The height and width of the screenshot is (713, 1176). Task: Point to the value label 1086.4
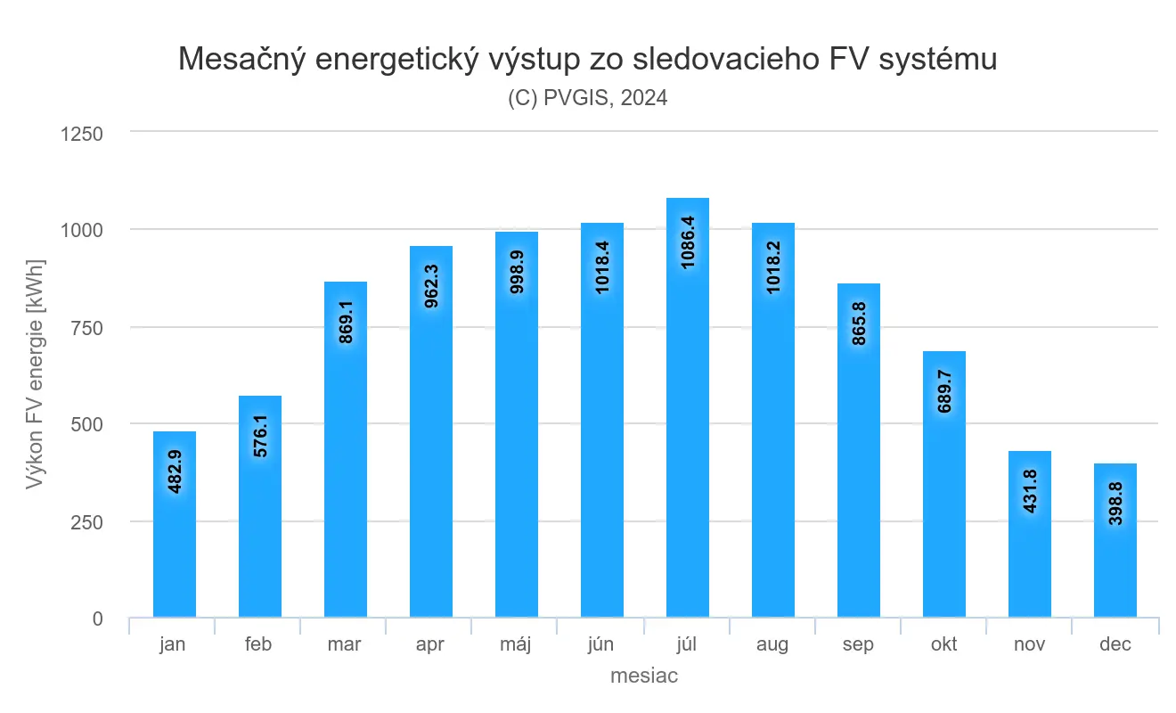pyautogui.click(x=689, y=242)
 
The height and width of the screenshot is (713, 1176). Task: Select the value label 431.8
pyautogui.click(x=1031, y=488)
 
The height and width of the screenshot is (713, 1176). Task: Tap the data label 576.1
pyautogui.click(x=261, y=435)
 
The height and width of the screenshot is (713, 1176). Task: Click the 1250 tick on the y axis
pyautogui.click(x=82, y=134)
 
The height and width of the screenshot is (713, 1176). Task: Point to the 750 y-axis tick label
pyautogui.click(x=88, y=328)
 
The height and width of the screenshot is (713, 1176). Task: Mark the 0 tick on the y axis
pyautogui.click(x=97, y=619)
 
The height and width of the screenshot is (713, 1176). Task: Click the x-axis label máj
pyautogui.click(x=516, y=644)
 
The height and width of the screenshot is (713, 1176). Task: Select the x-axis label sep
pyautogui.click(x=858, y=644)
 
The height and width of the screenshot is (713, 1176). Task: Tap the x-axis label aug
pyautogui.click(x=772, y=644)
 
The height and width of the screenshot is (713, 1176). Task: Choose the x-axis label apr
pyautogui.click(x=430, y=644)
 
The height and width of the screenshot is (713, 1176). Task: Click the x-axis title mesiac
pyautogui.click(x=644, y=676)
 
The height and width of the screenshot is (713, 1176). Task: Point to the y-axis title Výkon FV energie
pyautogui.click(x=36, y=374)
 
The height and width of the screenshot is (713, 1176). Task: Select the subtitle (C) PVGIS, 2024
pyautogui.click(x=588, y=98)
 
